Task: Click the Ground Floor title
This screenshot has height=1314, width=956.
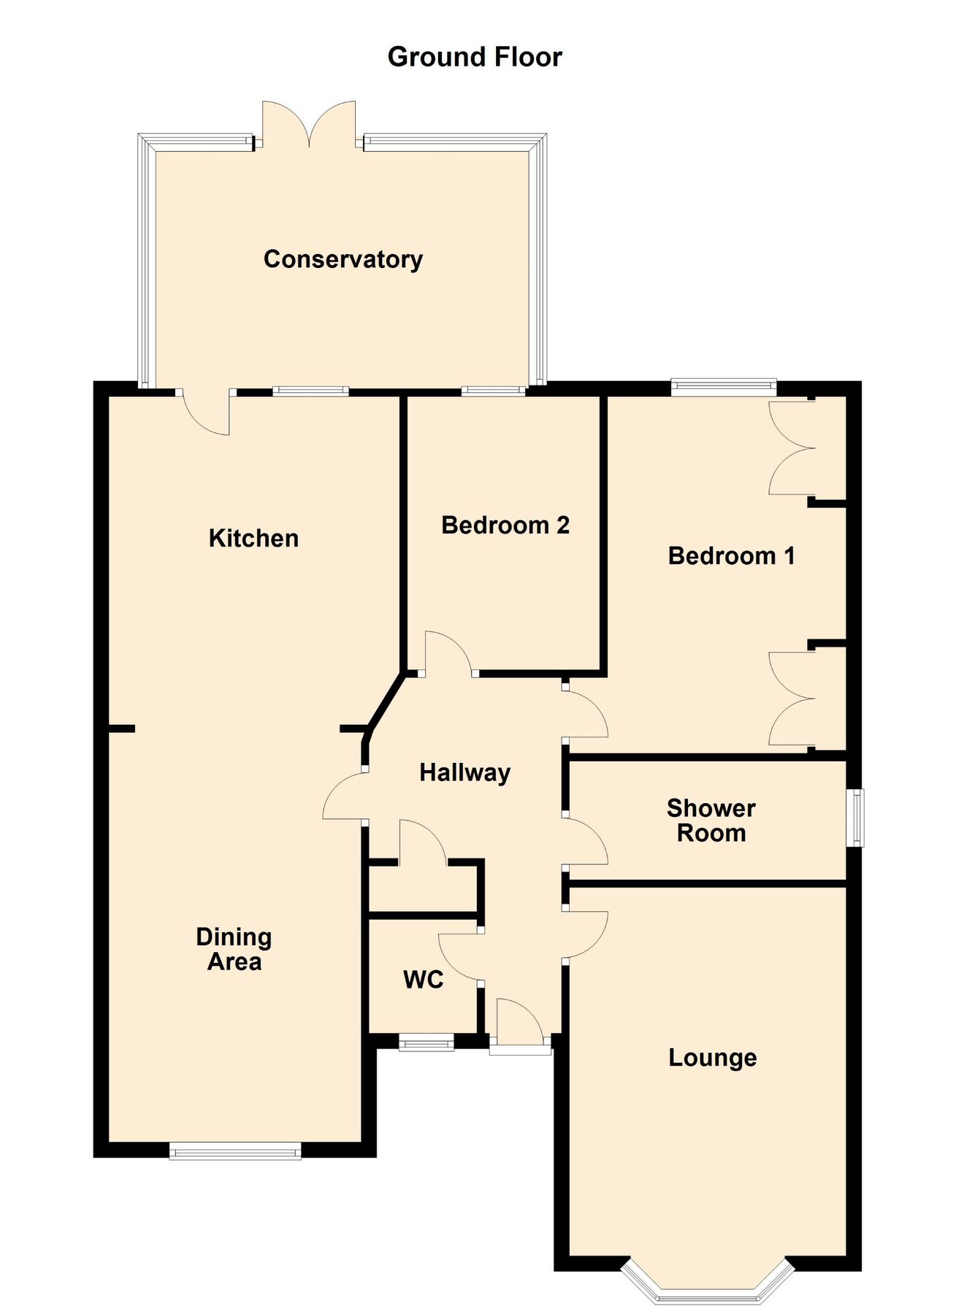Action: click(475, 57)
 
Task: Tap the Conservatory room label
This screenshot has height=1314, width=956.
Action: click(343, 259)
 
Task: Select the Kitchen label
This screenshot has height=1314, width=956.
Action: click(253, 539)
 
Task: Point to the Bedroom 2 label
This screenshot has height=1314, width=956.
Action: click(505, 526)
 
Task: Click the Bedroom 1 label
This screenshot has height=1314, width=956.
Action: click(731, 556)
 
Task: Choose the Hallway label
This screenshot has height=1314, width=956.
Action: click(464, 772)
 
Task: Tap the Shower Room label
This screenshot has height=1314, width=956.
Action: click(711, 821)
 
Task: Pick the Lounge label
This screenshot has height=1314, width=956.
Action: click(712, 1058)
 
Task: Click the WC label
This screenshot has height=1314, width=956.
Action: click(424, 980)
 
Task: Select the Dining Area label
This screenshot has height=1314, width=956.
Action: click(234, 949)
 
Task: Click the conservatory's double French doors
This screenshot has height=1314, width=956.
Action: click(310, 124)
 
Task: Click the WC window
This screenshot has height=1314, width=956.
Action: click(427, 1043)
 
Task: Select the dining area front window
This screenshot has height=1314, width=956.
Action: click(234, 1150)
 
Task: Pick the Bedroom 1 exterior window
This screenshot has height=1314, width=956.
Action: click(723, 386)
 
